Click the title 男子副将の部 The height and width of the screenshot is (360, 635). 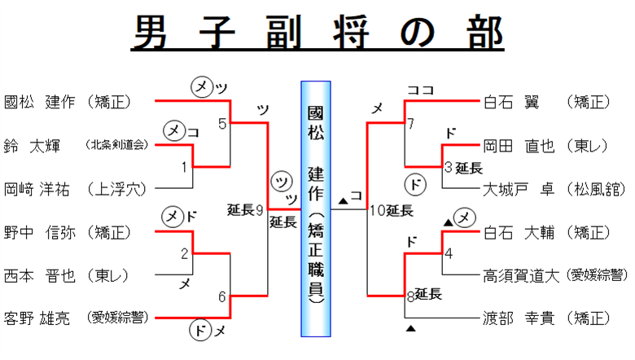[x=317, y=34]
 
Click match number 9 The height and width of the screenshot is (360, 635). [x=259, y=211]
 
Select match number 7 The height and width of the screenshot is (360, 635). [x=411, y=124]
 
